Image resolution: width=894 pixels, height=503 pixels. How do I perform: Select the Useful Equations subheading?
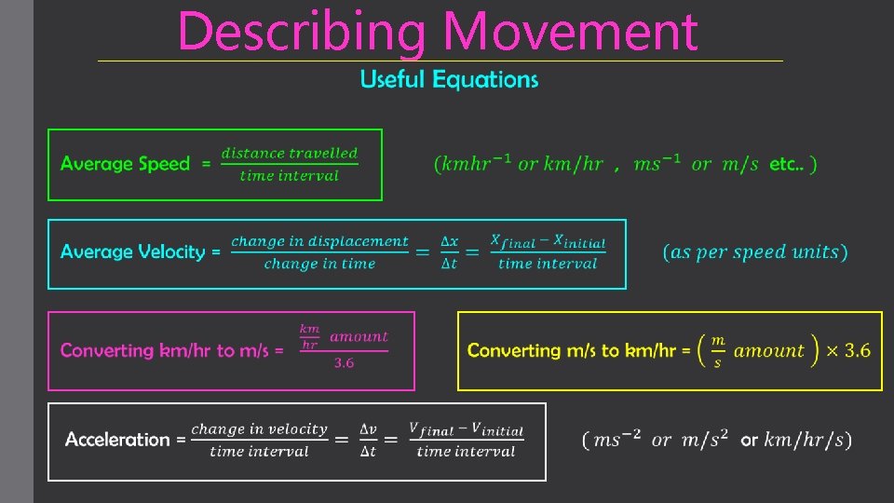click(449, 80)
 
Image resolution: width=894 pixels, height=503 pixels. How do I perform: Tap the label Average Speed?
click(124, 164)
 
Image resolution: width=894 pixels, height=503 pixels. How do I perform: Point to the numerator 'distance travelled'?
click(289, 153)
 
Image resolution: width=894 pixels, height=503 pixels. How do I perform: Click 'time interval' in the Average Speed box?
click(289, 176)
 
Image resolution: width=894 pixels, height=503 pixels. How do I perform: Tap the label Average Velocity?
click(132, 251)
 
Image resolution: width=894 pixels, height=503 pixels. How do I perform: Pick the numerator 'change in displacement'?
click(319, 241)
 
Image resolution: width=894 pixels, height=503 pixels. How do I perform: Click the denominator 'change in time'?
click(319, 265)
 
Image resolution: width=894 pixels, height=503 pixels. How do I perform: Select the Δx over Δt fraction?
click(449, 252)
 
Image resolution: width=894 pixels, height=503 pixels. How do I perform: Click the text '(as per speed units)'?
click(755, 252)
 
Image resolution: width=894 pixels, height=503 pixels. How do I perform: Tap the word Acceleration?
click(117, 440)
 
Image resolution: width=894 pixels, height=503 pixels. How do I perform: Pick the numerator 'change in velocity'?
click(259, 429)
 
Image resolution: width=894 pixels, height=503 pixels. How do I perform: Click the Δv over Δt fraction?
click(369, 440)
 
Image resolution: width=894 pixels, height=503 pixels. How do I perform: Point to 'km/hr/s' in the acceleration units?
click(805, 440)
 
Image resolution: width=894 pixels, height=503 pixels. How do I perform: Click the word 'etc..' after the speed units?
click(788, 165)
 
